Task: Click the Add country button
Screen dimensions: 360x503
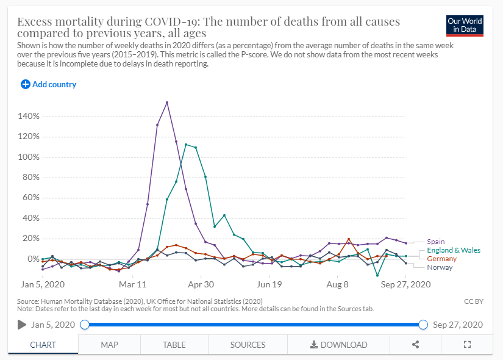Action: click(x=49, y=85)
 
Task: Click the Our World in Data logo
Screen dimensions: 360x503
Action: click(x=465, y=26)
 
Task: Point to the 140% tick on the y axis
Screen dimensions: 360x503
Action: click(x=29, y=116)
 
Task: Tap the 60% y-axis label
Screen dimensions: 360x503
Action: click(x=30, y=198)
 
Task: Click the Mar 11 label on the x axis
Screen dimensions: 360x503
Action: click(x=133, y=284)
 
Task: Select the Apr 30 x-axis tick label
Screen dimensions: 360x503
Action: click(x=201, y=284)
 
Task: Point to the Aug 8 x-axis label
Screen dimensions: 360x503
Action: click(x=337, y=284)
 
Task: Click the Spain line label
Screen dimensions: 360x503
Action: click(x=436, y=242)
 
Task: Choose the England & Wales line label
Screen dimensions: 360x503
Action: click(x=454, y=250)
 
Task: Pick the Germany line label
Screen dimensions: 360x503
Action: click(x=441, y=259)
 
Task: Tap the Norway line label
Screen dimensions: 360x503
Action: click(x=440, y=267)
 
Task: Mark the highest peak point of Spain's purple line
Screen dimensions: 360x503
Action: click(x=167, y=103)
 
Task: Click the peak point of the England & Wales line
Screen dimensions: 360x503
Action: click(x=186, y=145)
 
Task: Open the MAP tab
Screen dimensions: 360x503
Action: click(x=109, y=345)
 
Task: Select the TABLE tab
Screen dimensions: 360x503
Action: click(x=174, y=345)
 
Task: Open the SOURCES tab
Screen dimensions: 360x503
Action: click(x=248, y=345)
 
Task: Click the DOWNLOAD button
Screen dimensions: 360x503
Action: click(x=338, y=345)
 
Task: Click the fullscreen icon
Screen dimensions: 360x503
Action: click(x=468, y=345)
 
